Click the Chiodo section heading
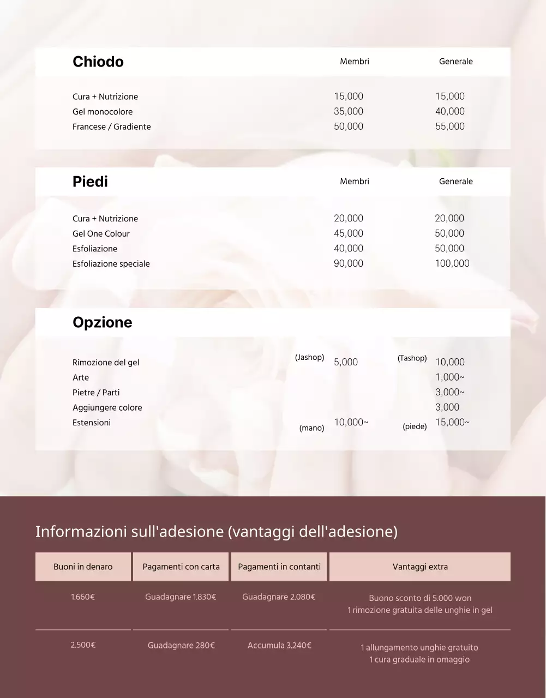[x=98, y=62]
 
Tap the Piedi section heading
[x=90, y=182]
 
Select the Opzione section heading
[x=102, y=322]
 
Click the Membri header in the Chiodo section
[x=355, y=62]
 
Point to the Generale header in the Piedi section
[x=456, y=182]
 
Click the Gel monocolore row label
[x=103, y=112]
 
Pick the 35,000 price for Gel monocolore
[x=349, y=111]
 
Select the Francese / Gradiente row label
[x=112, y=127]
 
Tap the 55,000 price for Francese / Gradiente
[x=450, y=127]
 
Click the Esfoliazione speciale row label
[x=111, y=264]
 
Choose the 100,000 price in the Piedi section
[x=452, y=263]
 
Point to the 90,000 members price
[x=349, y=263]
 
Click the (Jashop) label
[x=310, y=358]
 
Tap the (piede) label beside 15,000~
[x=415, y=426]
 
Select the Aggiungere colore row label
[x=107, y=408]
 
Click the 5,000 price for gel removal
[x=346, y=362]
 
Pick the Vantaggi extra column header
[x=420, y=567]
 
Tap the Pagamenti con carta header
[x=181, y=567]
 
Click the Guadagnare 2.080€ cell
[x=279, y=597]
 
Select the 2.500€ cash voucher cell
[x=83, y=645]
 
